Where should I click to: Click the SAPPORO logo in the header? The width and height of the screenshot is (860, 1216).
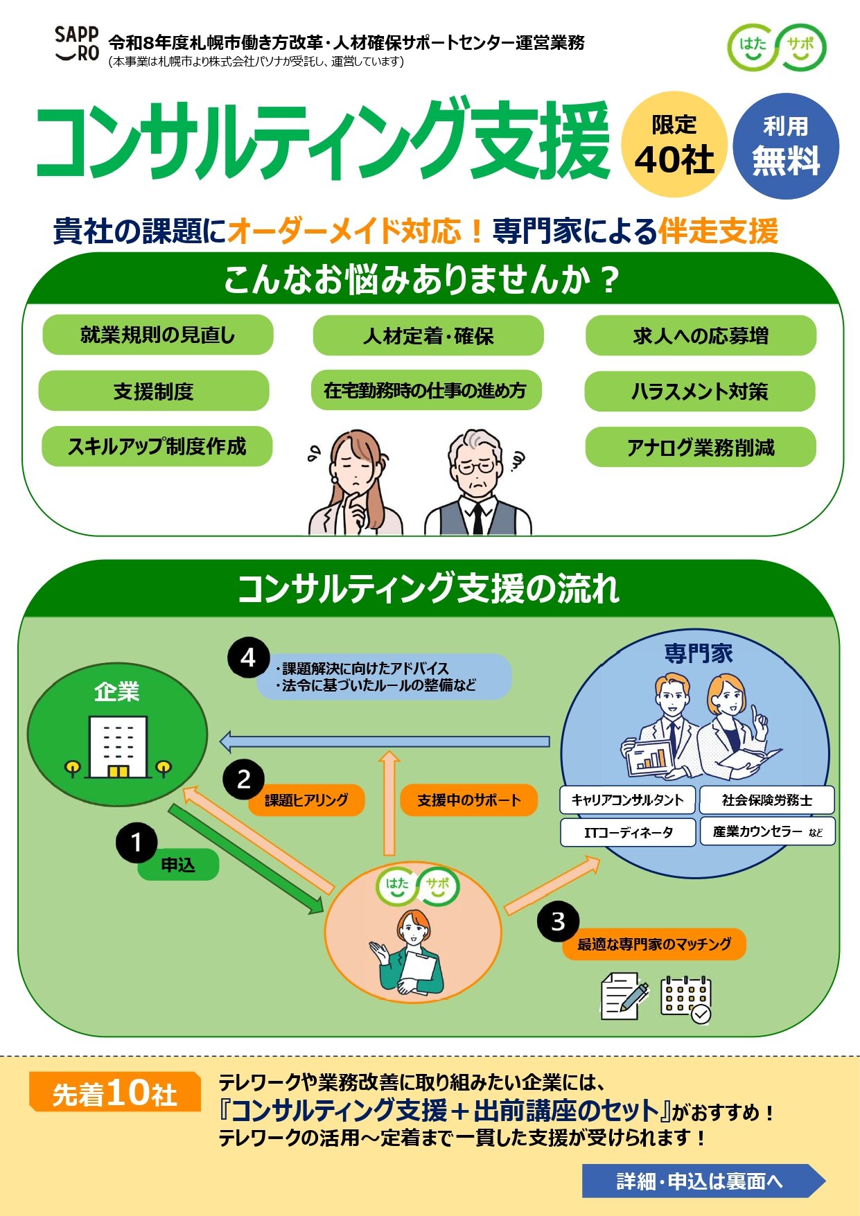tap(77, 44)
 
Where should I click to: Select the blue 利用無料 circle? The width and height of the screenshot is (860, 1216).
tap(786, 146)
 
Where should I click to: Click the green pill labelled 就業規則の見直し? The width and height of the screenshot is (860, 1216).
tap(158, 335)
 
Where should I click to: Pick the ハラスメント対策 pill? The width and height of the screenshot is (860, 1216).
tap(700, 391)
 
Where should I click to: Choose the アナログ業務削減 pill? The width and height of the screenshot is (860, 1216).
tap(701, 447)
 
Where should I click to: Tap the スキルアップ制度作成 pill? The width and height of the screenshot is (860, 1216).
tap(157, 446)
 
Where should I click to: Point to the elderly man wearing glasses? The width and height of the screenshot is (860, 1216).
tap(477, 482)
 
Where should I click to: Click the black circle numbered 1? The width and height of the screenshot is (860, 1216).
tap(136, 843)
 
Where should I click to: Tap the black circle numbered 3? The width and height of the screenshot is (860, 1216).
tap(558, 922)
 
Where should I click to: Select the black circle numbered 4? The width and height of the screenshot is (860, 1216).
tap(248, 658)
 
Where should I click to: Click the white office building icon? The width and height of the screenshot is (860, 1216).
tap(118, 747)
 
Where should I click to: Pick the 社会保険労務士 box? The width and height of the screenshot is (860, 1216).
tap(767, 800)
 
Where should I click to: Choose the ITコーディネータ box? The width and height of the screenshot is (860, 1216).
tap(628, 832)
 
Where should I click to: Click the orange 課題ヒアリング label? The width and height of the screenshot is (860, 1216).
tap(306, 800)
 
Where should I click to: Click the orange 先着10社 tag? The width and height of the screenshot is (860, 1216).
tap(115, 1092)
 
